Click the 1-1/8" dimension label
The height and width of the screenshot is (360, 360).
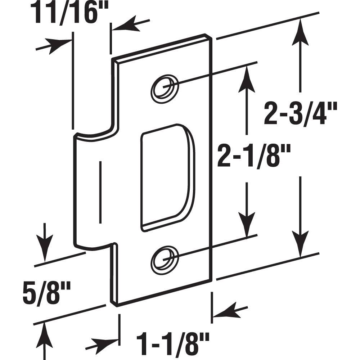click(x=172, y=340)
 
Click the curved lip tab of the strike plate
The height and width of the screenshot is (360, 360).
click(x=92, y=191)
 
